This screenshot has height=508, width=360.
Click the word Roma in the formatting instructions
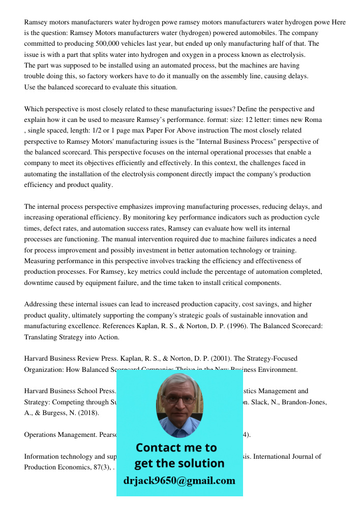click(x=312, y=120)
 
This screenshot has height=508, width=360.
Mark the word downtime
click(x=39, y=283)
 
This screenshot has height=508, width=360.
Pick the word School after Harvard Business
click(x=89, y=391)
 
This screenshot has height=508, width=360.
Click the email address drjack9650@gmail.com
click(x=179, y=481)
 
